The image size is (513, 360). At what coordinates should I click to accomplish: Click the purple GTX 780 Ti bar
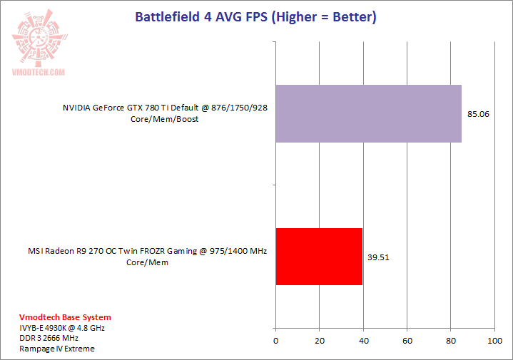[x=368, y=113]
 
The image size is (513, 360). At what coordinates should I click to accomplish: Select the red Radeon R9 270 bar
[x=319, y=257]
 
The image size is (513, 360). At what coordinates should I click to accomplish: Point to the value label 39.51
[x=378, y=257]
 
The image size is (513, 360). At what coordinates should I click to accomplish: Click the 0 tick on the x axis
[x=275, y=341]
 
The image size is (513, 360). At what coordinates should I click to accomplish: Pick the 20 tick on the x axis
[x=320, y=341]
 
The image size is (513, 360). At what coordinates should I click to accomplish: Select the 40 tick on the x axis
[x=363, y=341]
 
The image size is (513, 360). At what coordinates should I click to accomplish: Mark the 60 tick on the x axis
[x=407, y=341]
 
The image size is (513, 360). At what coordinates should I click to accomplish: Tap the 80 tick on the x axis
[x=451, y=341]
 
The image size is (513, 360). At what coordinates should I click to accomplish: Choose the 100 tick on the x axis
[x=494, y=341]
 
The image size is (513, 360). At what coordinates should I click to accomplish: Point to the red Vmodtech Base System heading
[x=65, y=317]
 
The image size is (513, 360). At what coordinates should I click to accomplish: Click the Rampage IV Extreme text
[x=57, y=349]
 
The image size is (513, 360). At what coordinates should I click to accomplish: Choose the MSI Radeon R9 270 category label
[x=142, y=257]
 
